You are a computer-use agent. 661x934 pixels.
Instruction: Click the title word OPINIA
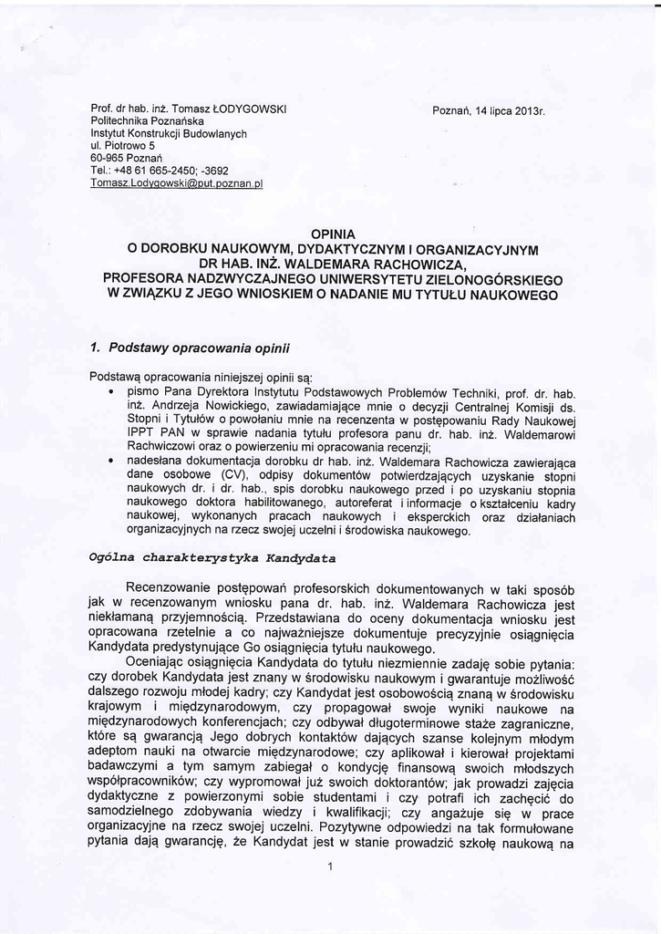click(333, 234)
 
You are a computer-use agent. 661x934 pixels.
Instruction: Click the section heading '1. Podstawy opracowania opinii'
click(190, 348)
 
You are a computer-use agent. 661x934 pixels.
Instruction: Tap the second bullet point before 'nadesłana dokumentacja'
click(110, 465)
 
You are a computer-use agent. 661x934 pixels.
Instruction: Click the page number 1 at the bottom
click(332, 866)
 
